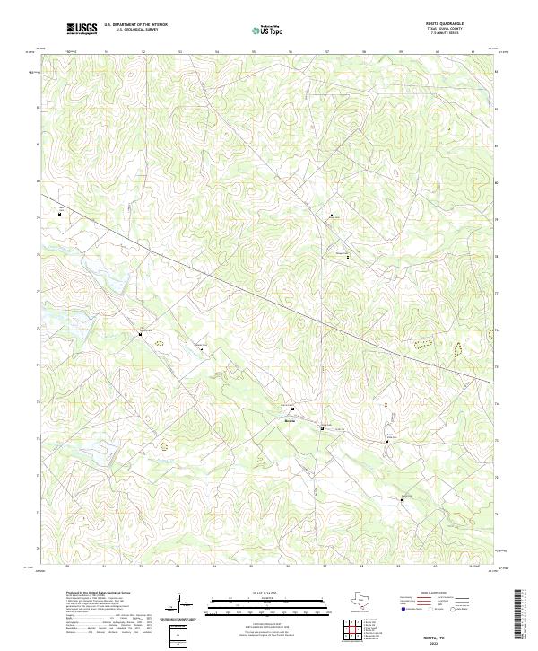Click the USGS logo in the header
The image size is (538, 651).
coord(82,29)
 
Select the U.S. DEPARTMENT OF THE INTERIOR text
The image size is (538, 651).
coord(135,25)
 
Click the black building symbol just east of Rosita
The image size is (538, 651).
coord(322,429)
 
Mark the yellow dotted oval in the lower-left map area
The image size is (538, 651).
coord(164,444)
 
